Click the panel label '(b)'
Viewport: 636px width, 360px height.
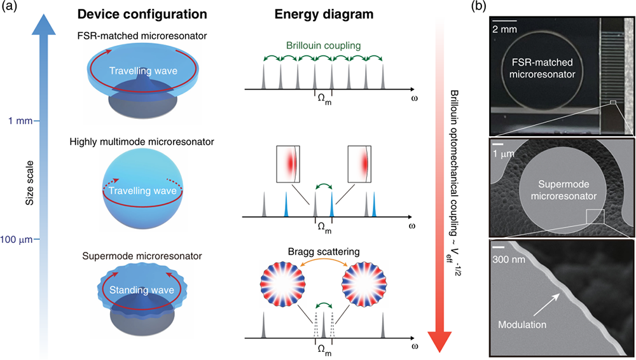[481, 9]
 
